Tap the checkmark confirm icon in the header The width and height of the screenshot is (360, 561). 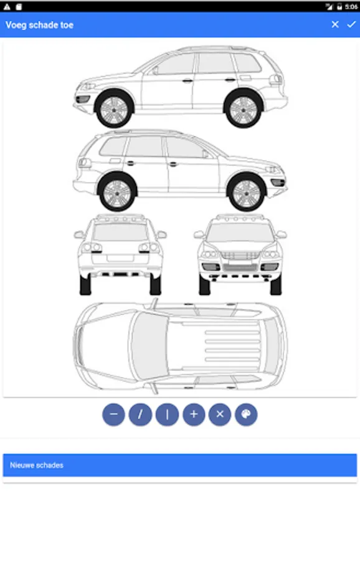[351, 24]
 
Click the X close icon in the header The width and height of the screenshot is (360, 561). [335, 24]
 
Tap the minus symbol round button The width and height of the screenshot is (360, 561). [114, 415]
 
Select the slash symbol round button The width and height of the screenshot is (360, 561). [140, 415]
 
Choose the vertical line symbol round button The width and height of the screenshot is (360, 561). [167, 415]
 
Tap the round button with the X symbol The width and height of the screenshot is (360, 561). [220, 415]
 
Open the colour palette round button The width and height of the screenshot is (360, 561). [246, 415]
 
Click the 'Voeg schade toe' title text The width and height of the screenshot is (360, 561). [39, 25]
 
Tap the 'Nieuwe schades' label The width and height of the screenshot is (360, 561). [37, 465]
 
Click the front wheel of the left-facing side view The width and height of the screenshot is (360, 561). [114, 108]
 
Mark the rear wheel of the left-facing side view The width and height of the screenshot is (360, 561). [244, 108]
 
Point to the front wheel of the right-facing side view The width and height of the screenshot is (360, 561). [247, 192]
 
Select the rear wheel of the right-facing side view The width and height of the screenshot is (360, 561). [117, 192]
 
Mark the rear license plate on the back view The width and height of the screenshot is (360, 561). [120, 258]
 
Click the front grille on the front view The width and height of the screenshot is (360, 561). [240, 256]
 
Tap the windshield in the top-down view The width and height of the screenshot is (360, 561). [149, 346]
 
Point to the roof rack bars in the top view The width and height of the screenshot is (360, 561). [232, 346]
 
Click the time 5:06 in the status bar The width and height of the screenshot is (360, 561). [351, 6]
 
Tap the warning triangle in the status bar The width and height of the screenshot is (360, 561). [7, 6]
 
